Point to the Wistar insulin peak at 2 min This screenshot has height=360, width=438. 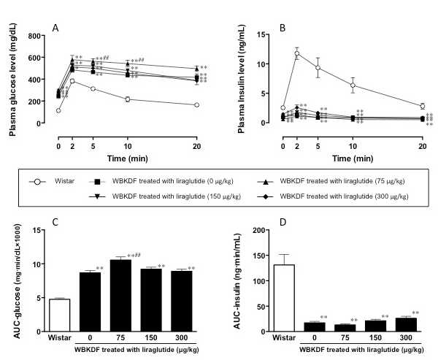[x=297, y=53]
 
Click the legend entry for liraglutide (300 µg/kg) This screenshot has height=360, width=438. [x=344, y=196]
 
